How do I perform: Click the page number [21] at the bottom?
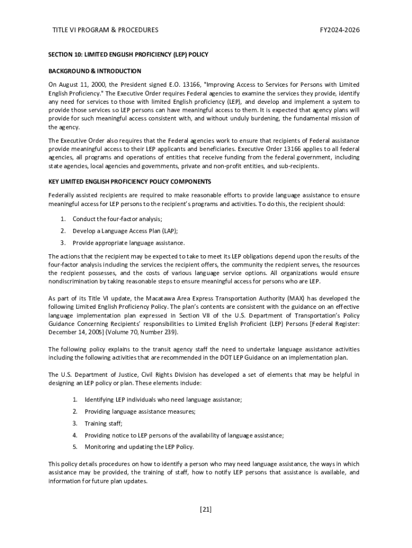205,509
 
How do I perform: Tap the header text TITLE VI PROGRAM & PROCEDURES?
105,30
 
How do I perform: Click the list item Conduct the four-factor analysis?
117,219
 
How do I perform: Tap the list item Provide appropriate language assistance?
128,243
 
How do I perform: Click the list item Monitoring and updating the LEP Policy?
139,447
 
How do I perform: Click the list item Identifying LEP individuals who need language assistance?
163,400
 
